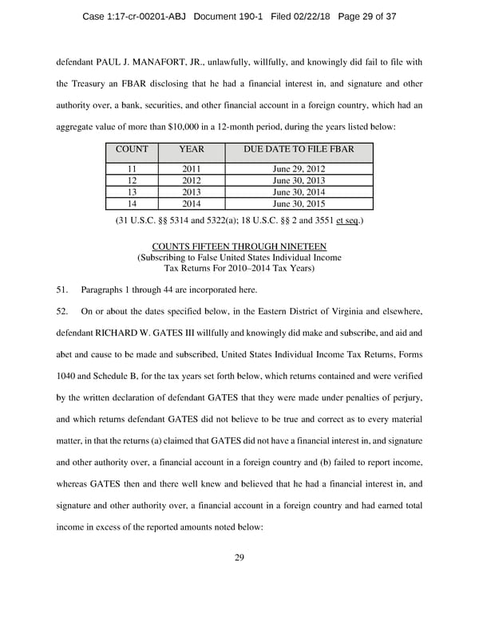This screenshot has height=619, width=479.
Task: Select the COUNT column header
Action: coord(133,149)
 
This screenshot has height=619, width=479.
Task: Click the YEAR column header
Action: coord(192,149)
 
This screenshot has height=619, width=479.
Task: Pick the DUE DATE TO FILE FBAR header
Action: coord(299,149)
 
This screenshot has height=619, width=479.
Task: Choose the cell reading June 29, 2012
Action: coord(299,169)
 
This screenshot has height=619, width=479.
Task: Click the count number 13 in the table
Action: coord(133,192)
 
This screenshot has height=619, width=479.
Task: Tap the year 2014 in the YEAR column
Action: coord(192,203)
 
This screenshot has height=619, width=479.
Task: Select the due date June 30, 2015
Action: coord(299,203)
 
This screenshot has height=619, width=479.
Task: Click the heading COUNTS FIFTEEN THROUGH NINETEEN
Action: coord(239,246)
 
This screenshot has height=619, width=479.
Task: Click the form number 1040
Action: coord(69,376)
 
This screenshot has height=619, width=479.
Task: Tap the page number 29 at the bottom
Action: coord(239,557)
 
